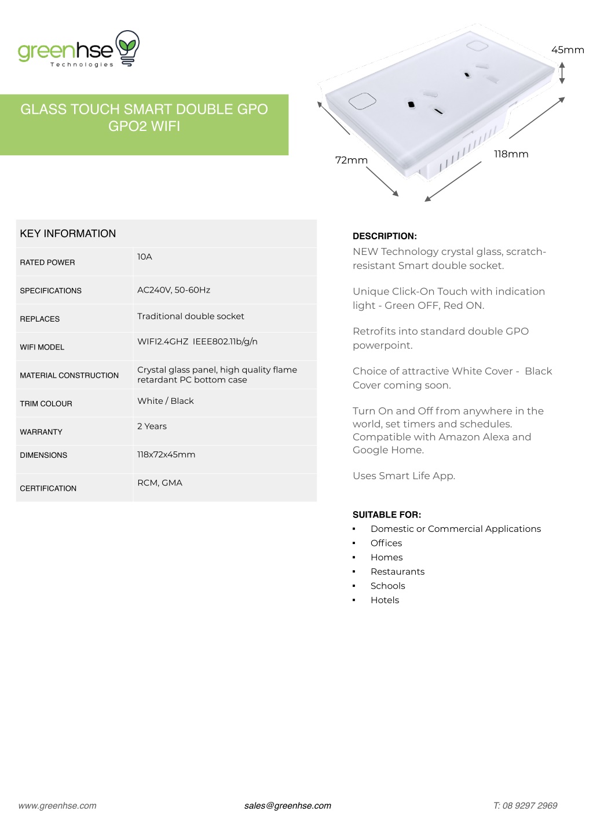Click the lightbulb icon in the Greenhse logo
[x=127, y=48]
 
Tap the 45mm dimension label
[x=567, y=50]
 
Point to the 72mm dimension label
[x=351, y=160]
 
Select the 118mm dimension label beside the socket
[x=511, y=154]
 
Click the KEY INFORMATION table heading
[x=68, y=234]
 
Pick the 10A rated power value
[x=144, y=257]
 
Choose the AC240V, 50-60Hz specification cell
[x=173, y=290]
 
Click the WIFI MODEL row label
[x=42, y=347]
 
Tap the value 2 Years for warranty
[x=152, y=426]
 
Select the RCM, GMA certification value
[x=159, y=483]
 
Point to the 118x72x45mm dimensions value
[x=166, y=454]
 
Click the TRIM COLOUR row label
[x=46, y=404]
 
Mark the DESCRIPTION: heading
[x=385, y=236]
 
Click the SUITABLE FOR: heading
[x=386, y=515]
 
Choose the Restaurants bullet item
[x=397, y=571]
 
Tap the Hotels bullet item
[x=385, y=600]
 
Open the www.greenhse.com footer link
[x=57, y=805]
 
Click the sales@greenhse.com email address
[x=287, y=805]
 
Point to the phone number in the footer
[x=525, y=805]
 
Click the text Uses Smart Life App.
[x=404, y=476]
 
